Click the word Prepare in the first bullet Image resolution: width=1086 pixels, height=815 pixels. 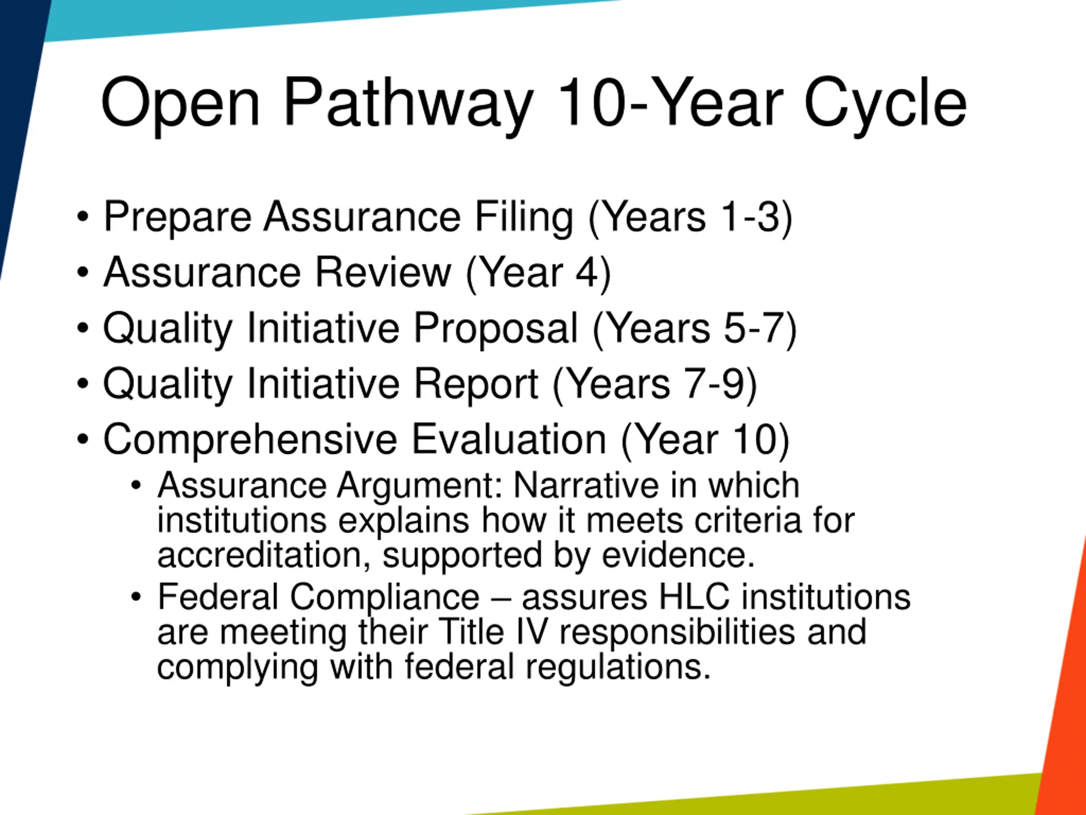(x=178, y=218)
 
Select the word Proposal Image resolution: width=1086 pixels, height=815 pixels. (x=496, y=329)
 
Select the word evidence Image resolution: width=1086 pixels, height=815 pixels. (x=678, y=555)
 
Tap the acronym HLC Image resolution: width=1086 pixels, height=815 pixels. (x=694, y=597)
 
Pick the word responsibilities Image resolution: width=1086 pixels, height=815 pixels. (x=677, y=633)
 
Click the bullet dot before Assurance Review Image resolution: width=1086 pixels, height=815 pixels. (x=83, y=272)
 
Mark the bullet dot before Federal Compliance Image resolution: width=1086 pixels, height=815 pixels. (x=136, y=597)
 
